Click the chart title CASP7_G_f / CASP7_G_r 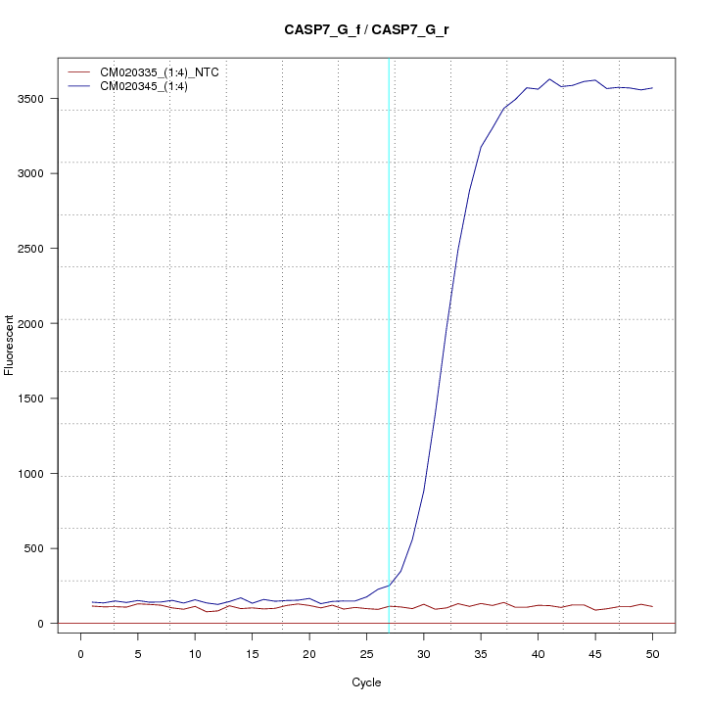coord(366,30)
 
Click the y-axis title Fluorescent coord(11,345)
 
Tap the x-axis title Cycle coord(366,682)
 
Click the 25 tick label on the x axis coord(366,654)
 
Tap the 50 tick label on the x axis coord(652,654)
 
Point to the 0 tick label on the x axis coord(80,654)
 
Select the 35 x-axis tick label coord(481,654)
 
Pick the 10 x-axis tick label coord(195,654)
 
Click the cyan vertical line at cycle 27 coord(390,343)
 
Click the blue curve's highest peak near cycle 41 coord(549,79)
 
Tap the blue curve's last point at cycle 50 coord(652,88)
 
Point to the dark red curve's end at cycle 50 coord(652,607)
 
